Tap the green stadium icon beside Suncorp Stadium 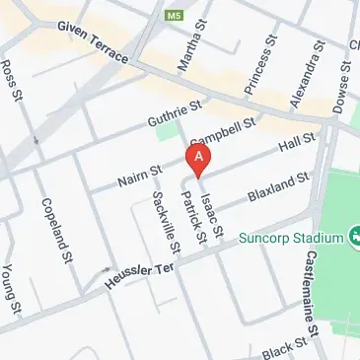pyautogui.click(x=352, y=238)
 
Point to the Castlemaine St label pyautogui.click(x=324, y=292)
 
